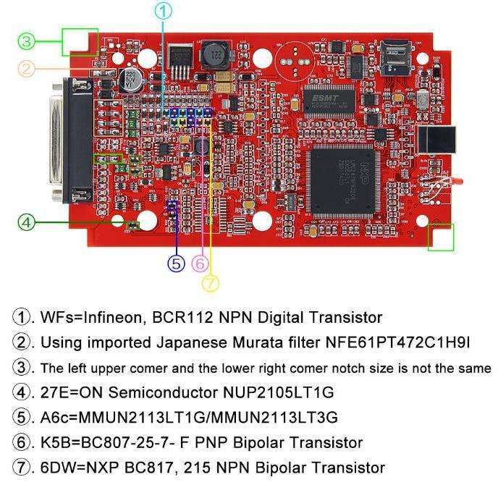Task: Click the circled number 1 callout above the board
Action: (165, 10)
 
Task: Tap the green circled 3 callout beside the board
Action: (27, 40)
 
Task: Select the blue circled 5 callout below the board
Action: (177, 263)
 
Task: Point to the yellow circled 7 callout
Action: (210, 282)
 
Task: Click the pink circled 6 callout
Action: (201, 263)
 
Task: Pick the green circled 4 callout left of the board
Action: (27, 222)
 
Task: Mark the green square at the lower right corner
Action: (440, 237)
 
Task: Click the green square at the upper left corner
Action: (80, 41)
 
